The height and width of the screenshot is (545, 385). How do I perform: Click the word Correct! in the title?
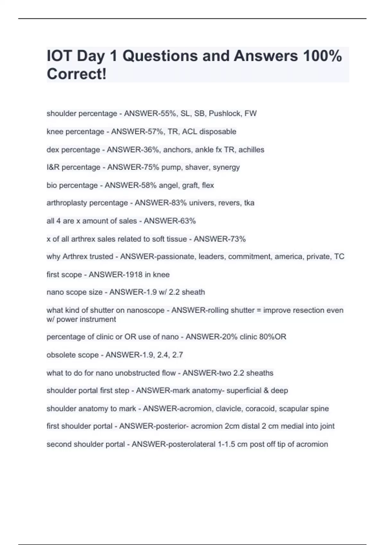click(76, 74)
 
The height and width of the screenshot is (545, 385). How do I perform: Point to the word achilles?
click(251, 150)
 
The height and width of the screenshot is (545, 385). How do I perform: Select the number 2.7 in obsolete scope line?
click(177, 355)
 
